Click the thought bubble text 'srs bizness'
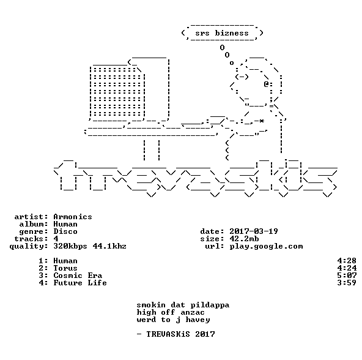pyautogui.click(x=222, y=33)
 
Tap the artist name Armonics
pyautogui.click(x=73, y=217)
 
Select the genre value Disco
pyautogui.click(x=65, y=231)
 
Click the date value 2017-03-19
pyautogui.click(x=254, y=231)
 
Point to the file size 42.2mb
pyautogui.click(x=244, y=239)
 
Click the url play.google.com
pyautogui.click(x=266, y=246)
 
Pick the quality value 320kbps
pyautogui.click(x=70, y=246)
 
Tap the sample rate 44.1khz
pyautogui.click(x=109, y=246)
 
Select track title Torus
pyautogui.click(x=65, y=268)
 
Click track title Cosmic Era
pyautogui.click(x=78, y=276)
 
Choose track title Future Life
pyautogui.click(x=80, y=283)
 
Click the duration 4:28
pyautogui.click(x=347, y=261)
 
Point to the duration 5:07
pyautogui.click(x=347, y=276)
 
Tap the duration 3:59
pyautogui.click(x=347, y=283)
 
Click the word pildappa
pyautogui.click(x=210, y=305)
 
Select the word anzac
pyautogui.click(x=193, y=313)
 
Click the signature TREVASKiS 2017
pyautogui.click(x=180, y=334)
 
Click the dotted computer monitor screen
pyautogui.click(x=117, y=92)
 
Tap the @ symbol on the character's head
pyautogui.click(x=266, y=84)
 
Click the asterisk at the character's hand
pyautogui.click(x=261, y=121)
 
